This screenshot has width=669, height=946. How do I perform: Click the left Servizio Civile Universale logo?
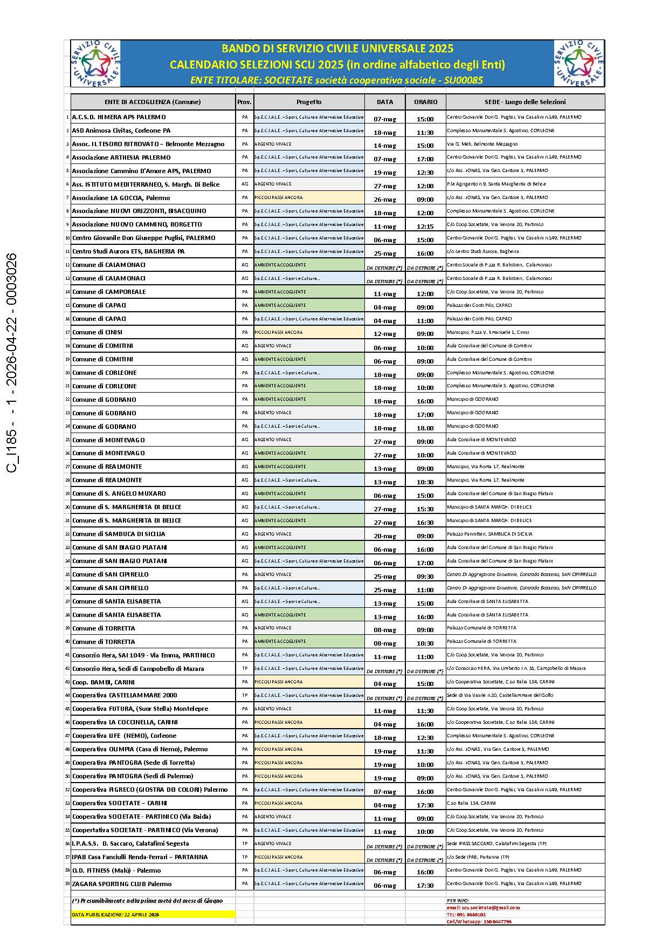95,63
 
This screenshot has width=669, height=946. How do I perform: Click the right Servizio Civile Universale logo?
579,63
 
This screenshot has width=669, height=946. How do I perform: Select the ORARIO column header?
425,102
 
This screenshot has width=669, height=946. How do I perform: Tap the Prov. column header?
244,102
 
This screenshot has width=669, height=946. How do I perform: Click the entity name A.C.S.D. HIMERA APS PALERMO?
119,117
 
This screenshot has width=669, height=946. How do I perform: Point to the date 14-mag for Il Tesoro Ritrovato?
385,146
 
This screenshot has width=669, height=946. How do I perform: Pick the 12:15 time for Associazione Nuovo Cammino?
425,227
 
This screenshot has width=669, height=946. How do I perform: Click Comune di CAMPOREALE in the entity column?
109,292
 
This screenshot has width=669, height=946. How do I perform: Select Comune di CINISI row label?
98,332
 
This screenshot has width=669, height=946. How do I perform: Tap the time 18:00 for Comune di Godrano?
425,428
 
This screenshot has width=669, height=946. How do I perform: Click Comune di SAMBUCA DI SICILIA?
119,534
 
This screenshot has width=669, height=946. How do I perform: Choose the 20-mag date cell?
385,536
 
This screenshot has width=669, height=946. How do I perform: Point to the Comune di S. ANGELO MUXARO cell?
119,493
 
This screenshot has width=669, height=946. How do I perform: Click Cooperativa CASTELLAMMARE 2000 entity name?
125,695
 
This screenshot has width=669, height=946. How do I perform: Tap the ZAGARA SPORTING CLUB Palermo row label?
122,884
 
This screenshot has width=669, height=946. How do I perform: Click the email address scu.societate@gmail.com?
483,908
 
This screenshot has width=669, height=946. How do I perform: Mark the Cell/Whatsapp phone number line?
479,922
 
